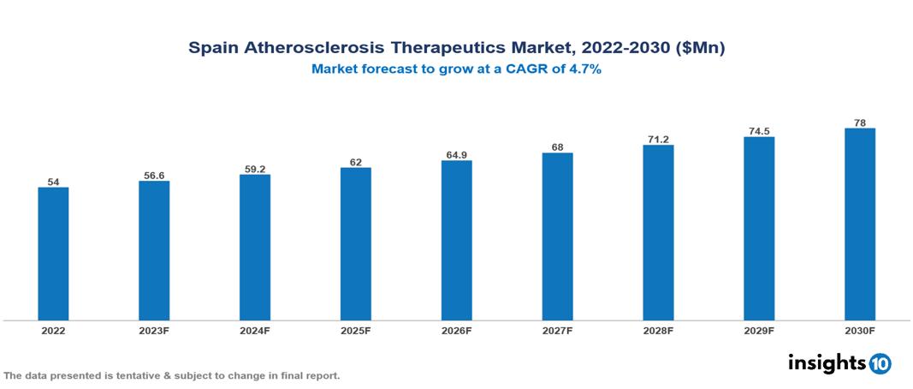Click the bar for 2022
[x=53, y=254]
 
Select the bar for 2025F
[x=356, y=244]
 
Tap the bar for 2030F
[x=860, y=224]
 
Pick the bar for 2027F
[x=557, y=236]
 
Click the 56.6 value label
[x=154, y=176]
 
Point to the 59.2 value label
[x=255, y=169]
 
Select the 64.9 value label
[x=457, y=155]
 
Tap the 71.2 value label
[x=658, y=139]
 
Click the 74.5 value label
[x=759, y=131]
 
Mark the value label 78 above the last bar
[x=860, y=123]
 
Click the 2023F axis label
[x=154, y=330]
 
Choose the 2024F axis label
[x=255, y=330]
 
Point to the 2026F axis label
[x=457, y=330]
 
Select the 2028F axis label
[x=658, y=330]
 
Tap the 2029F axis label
[x=759, y=330]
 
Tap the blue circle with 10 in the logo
[x=880, y=363]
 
